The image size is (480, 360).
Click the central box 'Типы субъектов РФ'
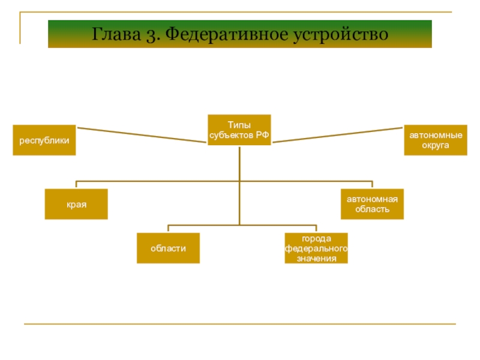click(x=239, y=130)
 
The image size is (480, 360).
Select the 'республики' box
click(x=44, y=140)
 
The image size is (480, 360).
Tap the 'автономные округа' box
click(x=435, y=140)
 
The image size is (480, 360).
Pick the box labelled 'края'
click(x=76, y=205)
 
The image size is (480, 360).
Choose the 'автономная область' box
click(x=372, y=205)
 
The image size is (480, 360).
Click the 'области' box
click(x=168, y=248)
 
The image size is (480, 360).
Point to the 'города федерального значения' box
click(x=316, y=248)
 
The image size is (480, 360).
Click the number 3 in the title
click(x=149, y=34)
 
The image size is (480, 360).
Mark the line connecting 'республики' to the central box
click(x=142, y=135)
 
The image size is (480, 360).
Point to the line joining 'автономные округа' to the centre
click(x=338, y=134)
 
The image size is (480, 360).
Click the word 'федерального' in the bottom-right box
click(x=316, y=248)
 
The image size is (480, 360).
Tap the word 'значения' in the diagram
click(x=316, y=258)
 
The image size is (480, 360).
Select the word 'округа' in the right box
click(x=435, y=146)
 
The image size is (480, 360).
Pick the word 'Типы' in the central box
click(x=239, y=125)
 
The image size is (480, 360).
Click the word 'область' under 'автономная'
click(x=372, y=209)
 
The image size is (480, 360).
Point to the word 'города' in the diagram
click(x=316, y=239)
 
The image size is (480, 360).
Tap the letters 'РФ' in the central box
click(x=262, y=135)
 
